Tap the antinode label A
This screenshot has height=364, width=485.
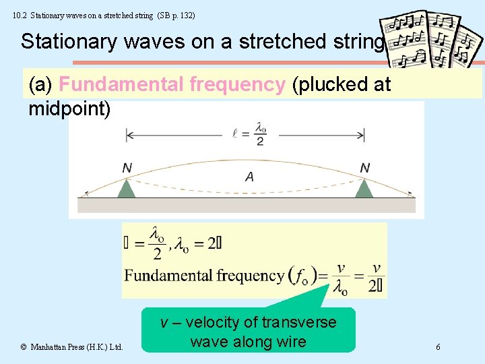tap(249, 177)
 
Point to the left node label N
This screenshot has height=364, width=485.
tap(127, 167)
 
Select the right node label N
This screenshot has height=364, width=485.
tap(364, 167)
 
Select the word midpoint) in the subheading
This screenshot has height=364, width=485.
tap(69, 109)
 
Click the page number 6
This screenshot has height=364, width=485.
tap(439, 347)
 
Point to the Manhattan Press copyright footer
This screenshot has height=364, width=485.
tap(71, 347)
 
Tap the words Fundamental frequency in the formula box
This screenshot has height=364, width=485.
tap(204, 275)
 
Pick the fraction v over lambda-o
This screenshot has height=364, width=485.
tap(341, 278)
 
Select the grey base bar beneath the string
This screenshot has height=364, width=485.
tap(247, 205)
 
